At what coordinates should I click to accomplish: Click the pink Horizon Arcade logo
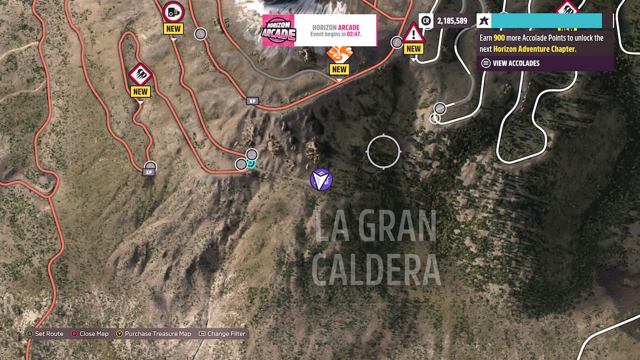(278, 30)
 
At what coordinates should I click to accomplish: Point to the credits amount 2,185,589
(452, 21)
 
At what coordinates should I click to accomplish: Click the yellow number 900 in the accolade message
(499, 38)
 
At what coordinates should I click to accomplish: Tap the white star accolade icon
(483, 21)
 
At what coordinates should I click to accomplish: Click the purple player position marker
(321, 180)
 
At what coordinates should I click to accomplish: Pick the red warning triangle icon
(413, 34)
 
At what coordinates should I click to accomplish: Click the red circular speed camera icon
(173, 11)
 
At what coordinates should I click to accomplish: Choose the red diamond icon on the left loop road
(141, 74)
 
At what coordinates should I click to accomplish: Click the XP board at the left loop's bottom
(149, 172)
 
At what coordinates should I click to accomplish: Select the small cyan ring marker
(252, 164)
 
